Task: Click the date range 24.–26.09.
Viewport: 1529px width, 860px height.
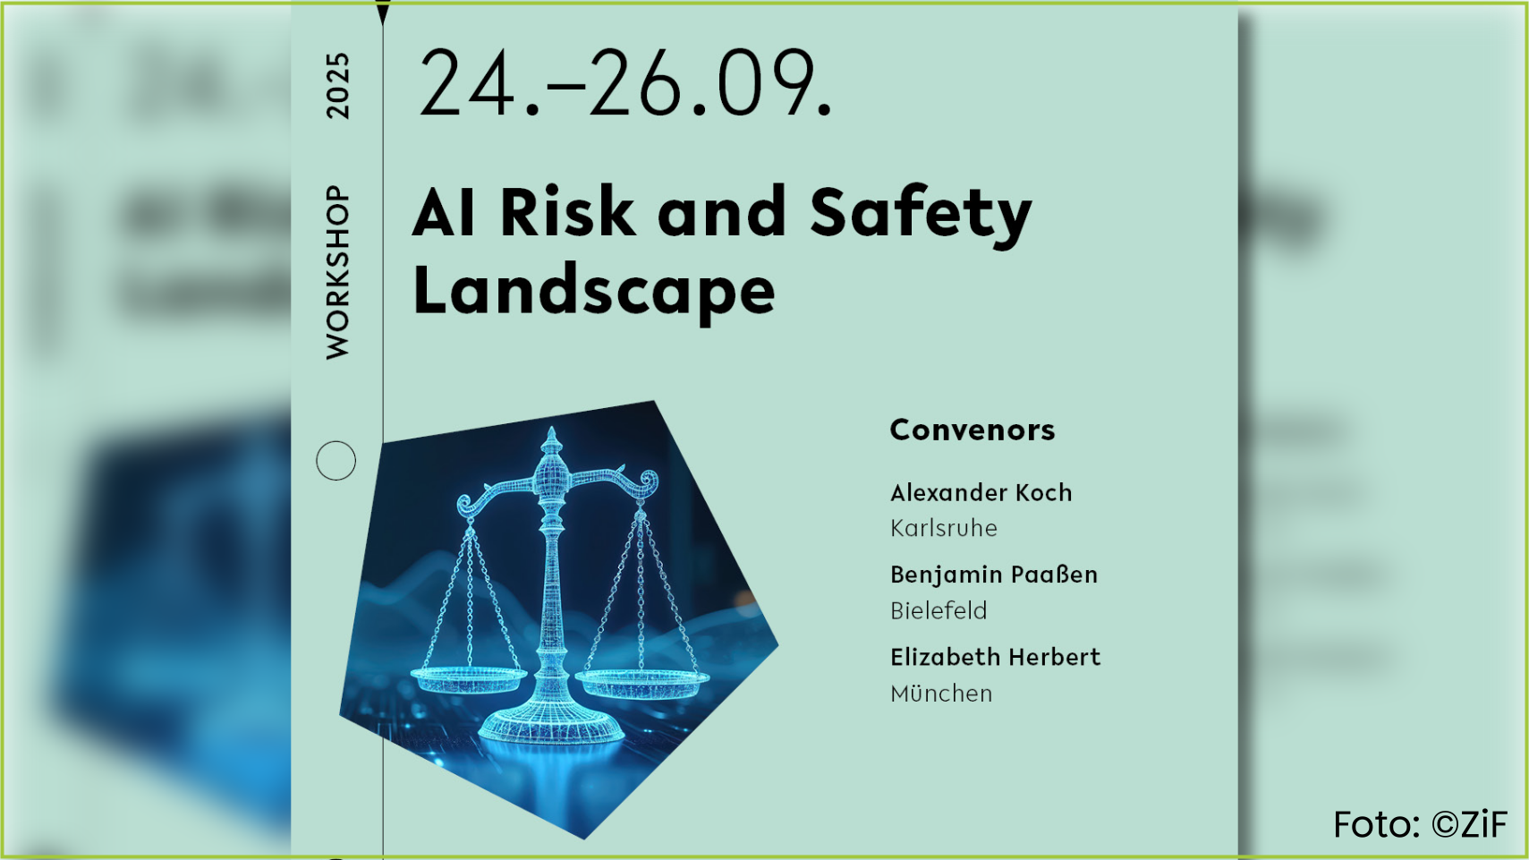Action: click(x=624, y=83)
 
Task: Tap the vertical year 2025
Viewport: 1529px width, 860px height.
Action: click(x=338, y=86)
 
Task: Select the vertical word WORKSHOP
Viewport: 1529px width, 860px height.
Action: click(x=338, y=272)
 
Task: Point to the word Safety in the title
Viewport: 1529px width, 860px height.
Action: click(x=921, y=215)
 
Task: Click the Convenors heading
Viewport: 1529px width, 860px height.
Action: click(x=972, y=430)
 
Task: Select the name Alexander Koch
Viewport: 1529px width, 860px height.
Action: click(x=981, y=492)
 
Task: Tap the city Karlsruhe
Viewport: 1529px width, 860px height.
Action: click(x=943, y=528)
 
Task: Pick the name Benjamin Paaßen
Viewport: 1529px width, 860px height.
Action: click(x=994, y=575)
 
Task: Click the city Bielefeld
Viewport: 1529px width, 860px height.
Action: click(x=939, y=611)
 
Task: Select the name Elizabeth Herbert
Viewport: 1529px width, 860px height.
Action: click(x=995, y=657)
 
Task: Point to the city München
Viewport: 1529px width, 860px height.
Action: click(x=941, y=694)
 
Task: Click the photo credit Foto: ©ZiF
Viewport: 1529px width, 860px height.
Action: click(x=1420, y=824)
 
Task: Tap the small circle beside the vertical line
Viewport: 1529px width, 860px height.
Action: click(x=336, y=461)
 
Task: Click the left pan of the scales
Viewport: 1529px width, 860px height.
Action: click(x=468, y=680)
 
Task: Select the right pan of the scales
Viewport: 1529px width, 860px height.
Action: click(x=641, y=683)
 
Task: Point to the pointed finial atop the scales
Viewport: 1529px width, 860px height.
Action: click(x=551, y=441)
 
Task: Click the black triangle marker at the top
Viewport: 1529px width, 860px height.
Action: click(x=383, y=13)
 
